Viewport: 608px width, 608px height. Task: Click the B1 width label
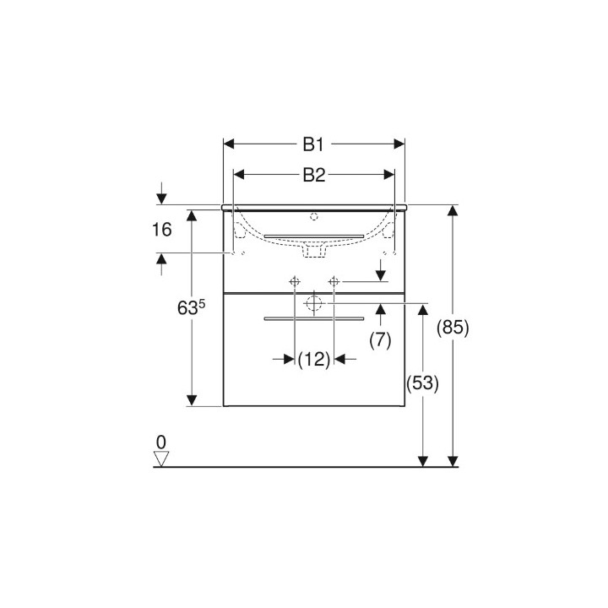(x=314, y=144)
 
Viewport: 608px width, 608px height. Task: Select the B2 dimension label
(x=314, y=175)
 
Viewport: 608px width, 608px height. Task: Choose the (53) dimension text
(x=421, y=383)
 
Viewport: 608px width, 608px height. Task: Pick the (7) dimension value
(x=381, y=339)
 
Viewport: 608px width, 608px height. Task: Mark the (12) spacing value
(x=314, y=360)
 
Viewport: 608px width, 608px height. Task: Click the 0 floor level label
(x=160, y=442)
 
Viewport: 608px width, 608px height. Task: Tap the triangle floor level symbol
(x=161, y=459)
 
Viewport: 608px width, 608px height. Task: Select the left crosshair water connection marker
(x=294, y=281)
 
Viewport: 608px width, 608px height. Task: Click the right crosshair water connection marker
(x=334, y=281)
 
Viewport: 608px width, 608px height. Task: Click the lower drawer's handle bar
(x=313, y=318)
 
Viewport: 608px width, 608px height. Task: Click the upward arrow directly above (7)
(x=381, y=311)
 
